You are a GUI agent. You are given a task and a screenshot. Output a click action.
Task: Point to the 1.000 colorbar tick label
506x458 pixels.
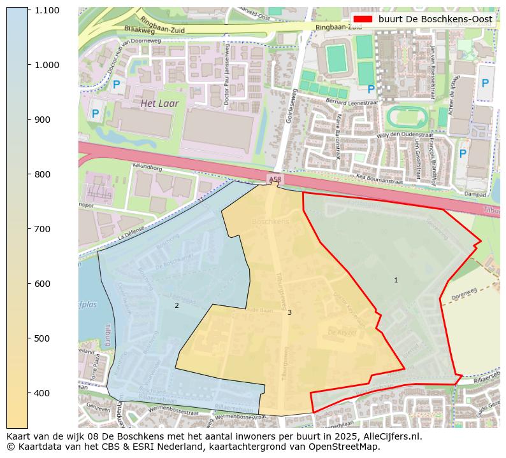tap(47, 65)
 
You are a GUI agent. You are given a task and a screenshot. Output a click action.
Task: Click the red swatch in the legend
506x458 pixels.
tap(361, 19)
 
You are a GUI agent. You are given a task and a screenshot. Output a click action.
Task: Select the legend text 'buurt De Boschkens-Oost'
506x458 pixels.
tap(435, 19)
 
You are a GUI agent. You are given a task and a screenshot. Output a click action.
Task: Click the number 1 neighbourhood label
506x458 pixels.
tap(396, 280)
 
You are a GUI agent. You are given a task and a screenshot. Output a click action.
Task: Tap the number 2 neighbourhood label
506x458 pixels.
tap(177, 306)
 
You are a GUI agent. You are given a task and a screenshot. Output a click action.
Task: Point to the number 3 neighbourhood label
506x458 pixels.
tap(289, 312)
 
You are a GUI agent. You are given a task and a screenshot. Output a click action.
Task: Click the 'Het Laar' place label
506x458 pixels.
tap(159, 103)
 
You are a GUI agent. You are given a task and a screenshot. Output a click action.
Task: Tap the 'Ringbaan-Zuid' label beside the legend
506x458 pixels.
tap(326, 27)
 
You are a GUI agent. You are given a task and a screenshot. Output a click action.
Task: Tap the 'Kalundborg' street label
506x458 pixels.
tap(147, 169)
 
